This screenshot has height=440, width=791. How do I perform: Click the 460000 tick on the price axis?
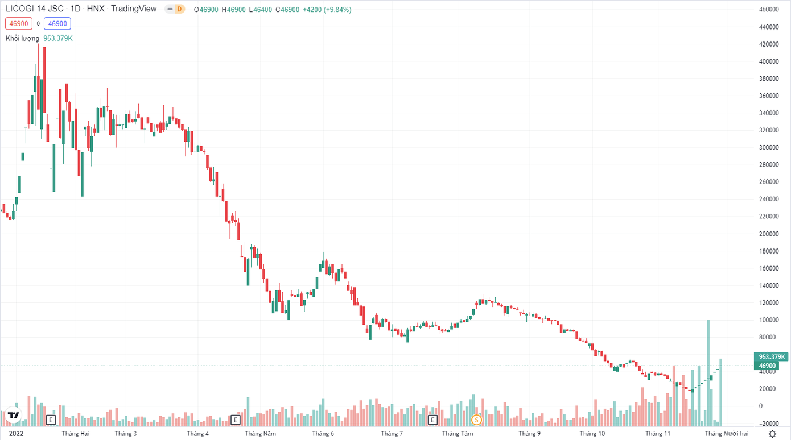(x=768, y=10)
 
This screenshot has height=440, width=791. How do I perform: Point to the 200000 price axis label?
(x=768, y=234)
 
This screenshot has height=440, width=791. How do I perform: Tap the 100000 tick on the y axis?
(x=768, y=320)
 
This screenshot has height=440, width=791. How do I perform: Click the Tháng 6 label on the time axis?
(x=323, y=434)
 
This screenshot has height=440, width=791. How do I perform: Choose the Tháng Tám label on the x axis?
(x=458, y=434)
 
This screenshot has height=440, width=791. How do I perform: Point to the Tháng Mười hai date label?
(x=727, y=434)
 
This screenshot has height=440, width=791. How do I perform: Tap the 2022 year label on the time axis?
(x=16, y=434)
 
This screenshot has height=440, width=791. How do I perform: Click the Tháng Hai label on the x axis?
(x=76, y=434)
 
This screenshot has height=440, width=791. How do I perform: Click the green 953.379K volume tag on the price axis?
(x=771, y=357)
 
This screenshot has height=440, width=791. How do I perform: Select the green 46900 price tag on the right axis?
(x=768, y=366)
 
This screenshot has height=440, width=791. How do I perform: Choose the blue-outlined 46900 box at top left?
(x=57, y=24)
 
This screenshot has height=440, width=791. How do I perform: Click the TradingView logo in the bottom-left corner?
(x=13, y=414)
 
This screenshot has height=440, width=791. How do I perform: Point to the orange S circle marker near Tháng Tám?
(x=477, y=420)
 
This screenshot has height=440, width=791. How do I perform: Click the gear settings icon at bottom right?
(x=772, y=434)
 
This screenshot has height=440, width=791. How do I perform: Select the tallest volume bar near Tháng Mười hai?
(x=708, y=372)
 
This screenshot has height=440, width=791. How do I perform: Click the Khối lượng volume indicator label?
(x=22, y=38)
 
